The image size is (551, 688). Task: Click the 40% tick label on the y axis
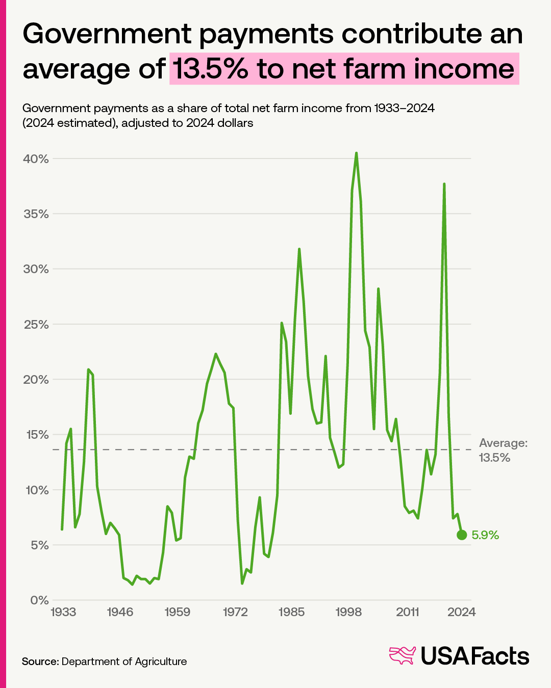pyautogui.click(x=36, y=159)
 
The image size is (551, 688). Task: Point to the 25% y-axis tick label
pyautogui.click(x=36, y=325)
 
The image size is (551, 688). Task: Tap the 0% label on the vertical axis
pyautogui.click(x=39, y=600)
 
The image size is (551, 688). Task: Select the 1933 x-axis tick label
pyautogui.click(x=63, y=612)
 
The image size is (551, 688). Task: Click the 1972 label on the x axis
pyautogui.click(x=235, y=612)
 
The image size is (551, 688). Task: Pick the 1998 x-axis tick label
pyautogui.click(x=349, y=612)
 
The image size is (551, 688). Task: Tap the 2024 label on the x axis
pyautogui.click(x=462, y=612)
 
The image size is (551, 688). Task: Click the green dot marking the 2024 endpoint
pyautogui.click(x=462, y=535)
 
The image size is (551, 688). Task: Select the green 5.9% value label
pyautogui.click(x=485, y=535)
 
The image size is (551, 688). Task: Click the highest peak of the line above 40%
pyautogui.click(x=356, y=153)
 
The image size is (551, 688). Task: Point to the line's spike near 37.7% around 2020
pyautogui.click(x=444, y=184)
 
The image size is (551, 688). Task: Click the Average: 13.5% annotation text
pyautogui.click(x=503, y=450)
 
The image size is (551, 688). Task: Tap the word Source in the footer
pyautogui.click(x=40, y=661)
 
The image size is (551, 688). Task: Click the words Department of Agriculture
pyautogui.click(x=124, y=661)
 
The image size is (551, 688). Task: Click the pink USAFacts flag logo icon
pyautogui.click(x=403, y=655)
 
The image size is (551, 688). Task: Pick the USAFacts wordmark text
pyautogui.click(x=475, y=656)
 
